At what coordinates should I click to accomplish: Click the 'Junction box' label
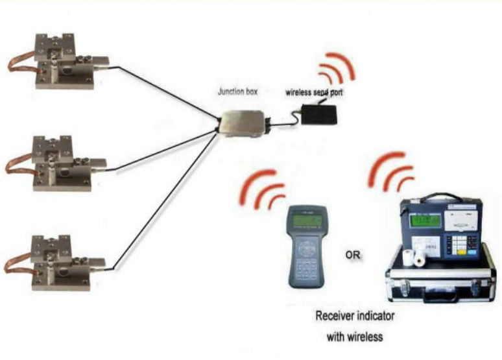point(237,92)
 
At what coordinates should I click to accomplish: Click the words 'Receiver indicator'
point(355,317)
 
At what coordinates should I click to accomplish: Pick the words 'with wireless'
point(355,337)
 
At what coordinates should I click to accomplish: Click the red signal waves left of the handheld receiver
point(263,188)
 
